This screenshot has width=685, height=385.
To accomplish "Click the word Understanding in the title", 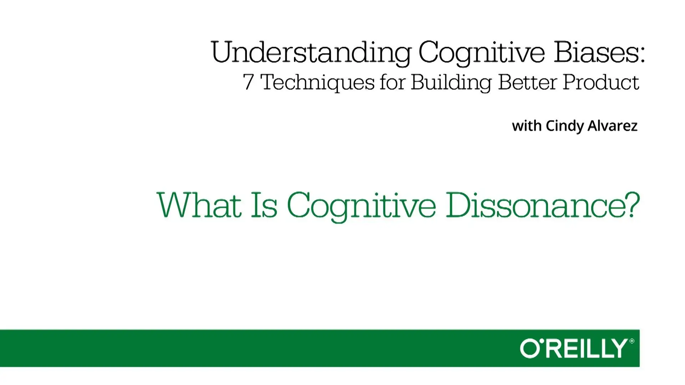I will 311,53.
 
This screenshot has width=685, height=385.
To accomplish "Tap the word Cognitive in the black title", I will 482,53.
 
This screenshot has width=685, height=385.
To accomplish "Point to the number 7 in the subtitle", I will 248,82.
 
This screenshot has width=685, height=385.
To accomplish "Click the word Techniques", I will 318,83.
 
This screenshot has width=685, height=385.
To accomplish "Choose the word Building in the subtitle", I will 451,83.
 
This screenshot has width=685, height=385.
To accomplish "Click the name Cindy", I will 565,126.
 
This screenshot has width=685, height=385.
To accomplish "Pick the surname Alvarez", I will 613,126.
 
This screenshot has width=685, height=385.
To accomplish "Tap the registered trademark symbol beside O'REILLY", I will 632,341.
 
